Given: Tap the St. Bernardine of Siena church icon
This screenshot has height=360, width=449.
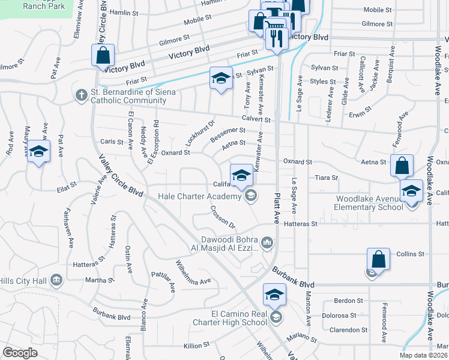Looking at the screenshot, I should tap(82, 94).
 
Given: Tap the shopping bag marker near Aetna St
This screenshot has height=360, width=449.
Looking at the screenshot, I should tap(402, 165).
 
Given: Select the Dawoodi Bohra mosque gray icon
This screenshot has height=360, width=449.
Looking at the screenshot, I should tap(267, 242).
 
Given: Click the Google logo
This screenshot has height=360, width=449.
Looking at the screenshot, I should tap(20, 353).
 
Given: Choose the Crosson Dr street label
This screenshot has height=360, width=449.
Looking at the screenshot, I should tap(222, 217).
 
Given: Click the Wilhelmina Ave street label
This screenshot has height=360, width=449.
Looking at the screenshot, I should tap(193, 272).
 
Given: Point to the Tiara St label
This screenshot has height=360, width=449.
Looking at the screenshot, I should tap(327, 178).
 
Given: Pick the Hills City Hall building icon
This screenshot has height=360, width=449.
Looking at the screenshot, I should tap(56, 280).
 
